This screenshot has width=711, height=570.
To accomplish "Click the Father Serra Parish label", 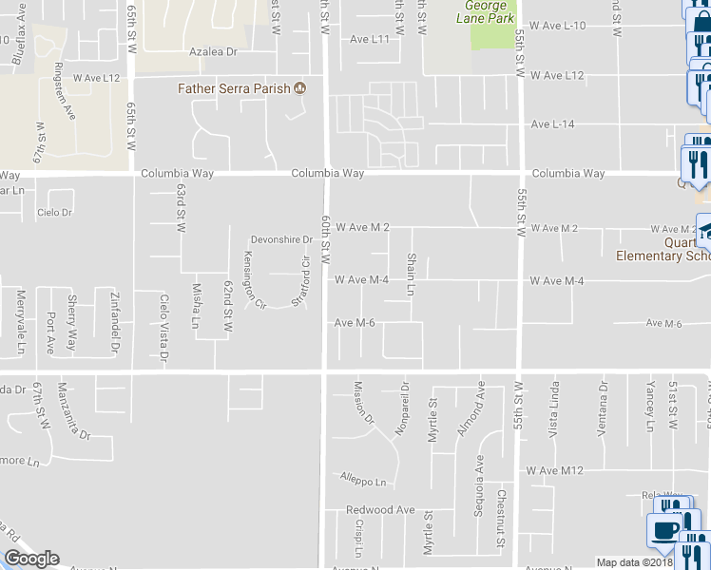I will click(x=235, y=88).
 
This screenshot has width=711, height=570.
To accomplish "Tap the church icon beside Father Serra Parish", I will click(x=300, y=88).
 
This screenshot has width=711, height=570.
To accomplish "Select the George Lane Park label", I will click(x=486, y=12).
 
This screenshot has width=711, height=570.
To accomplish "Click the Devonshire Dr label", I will click(x=281, y=239).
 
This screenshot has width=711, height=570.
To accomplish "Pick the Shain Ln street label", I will click(x=412, y=275).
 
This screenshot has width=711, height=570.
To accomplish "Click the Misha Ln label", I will click(x=197, y=305).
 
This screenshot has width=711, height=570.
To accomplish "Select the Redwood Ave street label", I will click(x=380, y=510).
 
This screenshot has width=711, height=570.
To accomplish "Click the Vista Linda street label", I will click(x=554, y=407).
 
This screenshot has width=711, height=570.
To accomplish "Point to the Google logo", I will click(x=31, y=559).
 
